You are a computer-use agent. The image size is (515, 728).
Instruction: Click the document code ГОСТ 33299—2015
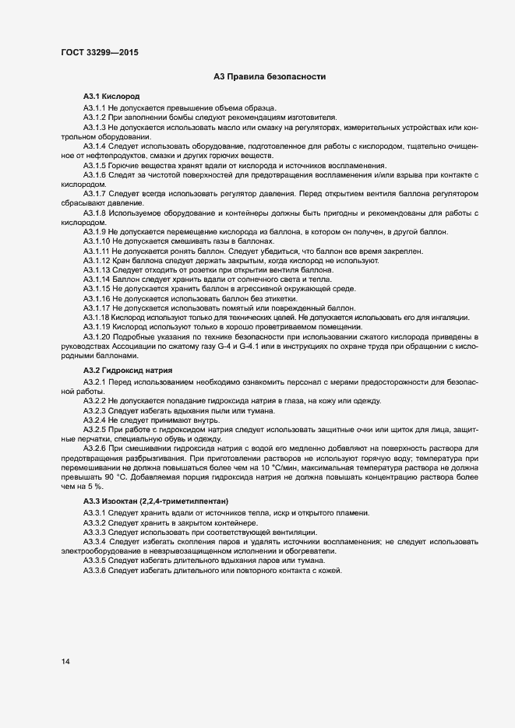[x=100, y=53]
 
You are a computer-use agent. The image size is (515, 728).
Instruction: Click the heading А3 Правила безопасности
[x=269, y=76]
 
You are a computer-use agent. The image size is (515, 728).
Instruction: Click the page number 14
[x=65, y=662]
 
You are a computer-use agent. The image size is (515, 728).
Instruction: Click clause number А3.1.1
[x=94, y=107]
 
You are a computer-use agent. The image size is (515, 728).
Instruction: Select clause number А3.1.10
[x=97, y=242]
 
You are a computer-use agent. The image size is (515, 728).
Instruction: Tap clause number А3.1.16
[x=97, y=298]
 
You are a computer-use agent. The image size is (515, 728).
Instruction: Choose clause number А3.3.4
[x=94, y=541]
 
